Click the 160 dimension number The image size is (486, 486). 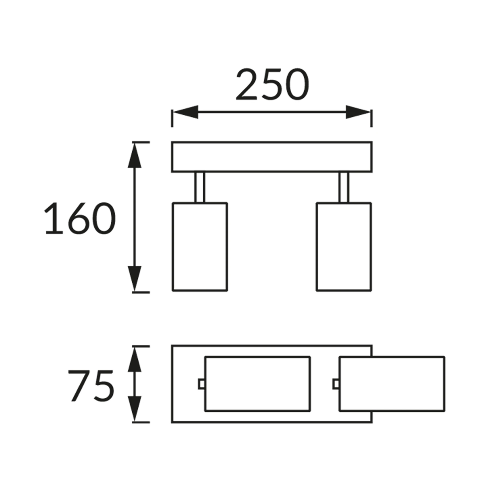tap(80, 218)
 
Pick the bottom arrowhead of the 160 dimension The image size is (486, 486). tap(134, 278)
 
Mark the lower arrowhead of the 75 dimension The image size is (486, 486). tap(134, 409)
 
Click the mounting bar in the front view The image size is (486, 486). tap(272, 157)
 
